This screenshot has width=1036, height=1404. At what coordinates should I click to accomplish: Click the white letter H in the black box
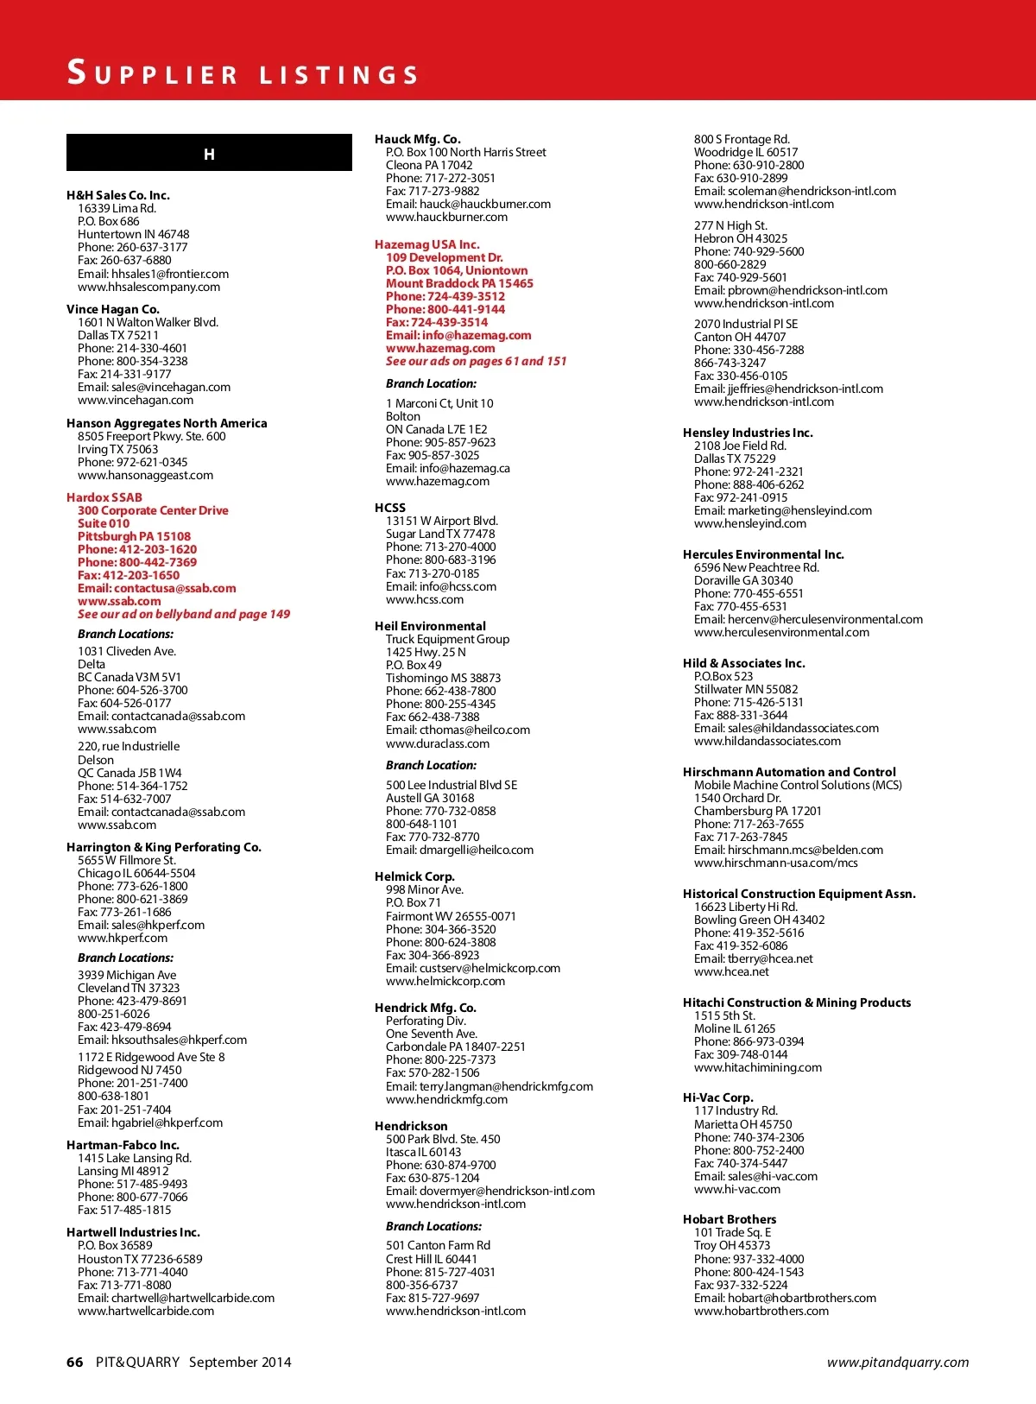pos(209,155)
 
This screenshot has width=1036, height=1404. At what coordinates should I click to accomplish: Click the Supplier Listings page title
pos(243,73)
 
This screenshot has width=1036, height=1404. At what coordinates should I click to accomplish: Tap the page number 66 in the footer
pos(75,1362)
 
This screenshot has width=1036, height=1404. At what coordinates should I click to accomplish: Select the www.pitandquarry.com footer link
pos(897,1362)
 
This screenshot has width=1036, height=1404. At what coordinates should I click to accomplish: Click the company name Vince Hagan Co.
pos(113,309)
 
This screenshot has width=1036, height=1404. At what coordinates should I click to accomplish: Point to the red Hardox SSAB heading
pos(104,497)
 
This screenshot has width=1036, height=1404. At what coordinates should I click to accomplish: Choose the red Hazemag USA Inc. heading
pos(426,244)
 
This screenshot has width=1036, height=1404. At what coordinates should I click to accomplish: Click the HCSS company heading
pos(390,508)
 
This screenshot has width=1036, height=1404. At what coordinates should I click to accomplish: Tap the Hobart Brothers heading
pos(730,1219)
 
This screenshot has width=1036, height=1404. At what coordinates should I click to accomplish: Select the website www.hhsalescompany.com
pos(148,287)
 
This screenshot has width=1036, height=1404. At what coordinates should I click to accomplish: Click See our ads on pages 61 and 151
pos(476,361)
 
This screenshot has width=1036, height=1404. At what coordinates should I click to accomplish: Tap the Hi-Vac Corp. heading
pos(718,1097)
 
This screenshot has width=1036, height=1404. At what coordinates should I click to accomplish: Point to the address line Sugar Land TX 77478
pos(440,534)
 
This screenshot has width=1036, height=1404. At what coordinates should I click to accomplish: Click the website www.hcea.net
pos(731,971)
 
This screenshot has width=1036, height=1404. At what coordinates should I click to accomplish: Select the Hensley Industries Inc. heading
pos(748,433)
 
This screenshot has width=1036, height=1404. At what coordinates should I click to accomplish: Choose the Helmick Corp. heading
pos(414,876)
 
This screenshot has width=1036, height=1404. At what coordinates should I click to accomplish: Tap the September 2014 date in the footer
pos(240,1362)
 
